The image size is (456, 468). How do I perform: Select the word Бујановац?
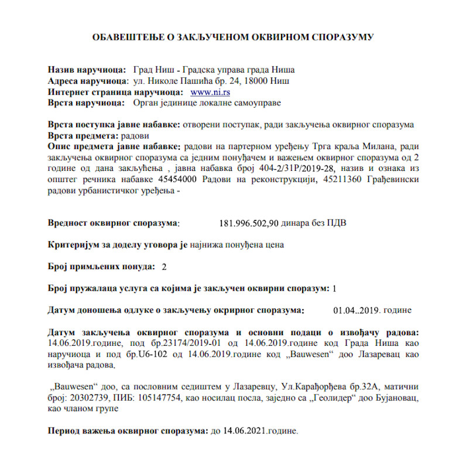coord(397,398)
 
